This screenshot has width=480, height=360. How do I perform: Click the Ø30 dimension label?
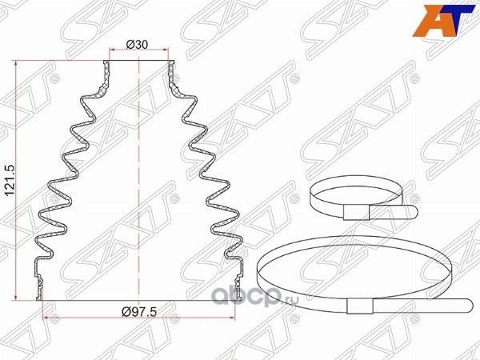[139, 45]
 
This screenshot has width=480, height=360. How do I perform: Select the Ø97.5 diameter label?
[141, 312]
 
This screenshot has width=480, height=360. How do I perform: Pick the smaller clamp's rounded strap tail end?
[414, 212]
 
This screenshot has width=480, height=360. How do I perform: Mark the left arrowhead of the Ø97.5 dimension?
[42, 319]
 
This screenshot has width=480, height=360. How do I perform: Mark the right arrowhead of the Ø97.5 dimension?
[238, 319]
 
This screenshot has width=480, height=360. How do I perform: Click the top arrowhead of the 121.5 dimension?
[18, 62]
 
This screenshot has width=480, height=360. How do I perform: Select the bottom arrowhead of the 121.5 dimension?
[18, 297]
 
